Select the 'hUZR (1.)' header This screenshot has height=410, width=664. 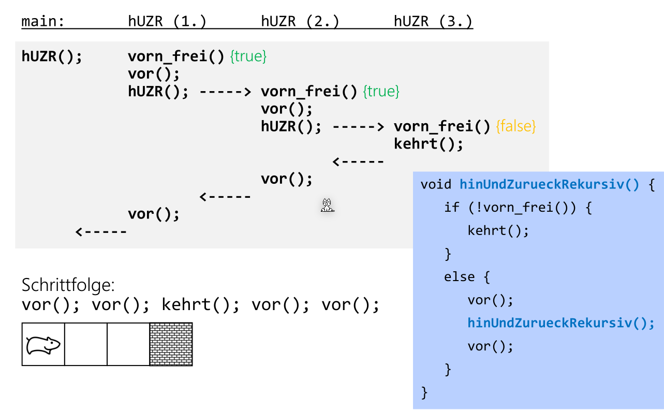tap(167, 22)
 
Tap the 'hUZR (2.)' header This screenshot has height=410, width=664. tap(300, 22)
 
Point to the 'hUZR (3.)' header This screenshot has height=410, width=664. tap(433, 22)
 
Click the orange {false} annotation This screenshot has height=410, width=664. tap(516, 126)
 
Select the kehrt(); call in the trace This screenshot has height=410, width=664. tap(428, 143)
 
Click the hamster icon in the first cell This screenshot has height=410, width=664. tap(43, 345)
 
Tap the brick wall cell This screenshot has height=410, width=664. tap(171, 345)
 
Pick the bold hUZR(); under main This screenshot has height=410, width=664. tap(52, 56)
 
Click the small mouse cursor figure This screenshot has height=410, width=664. tap(327, 206)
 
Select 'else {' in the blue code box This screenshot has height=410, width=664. tap(466, 277)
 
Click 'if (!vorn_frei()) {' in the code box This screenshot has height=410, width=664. tap(518, 208)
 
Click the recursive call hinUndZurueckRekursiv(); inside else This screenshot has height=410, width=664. tap(561, 323)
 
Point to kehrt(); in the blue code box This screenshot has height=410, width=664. tap(498, 230)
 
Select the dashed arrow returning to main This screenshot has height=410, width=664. tap(101, 232)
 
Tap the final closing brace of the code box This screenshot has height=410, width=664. tap(425, 392)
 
